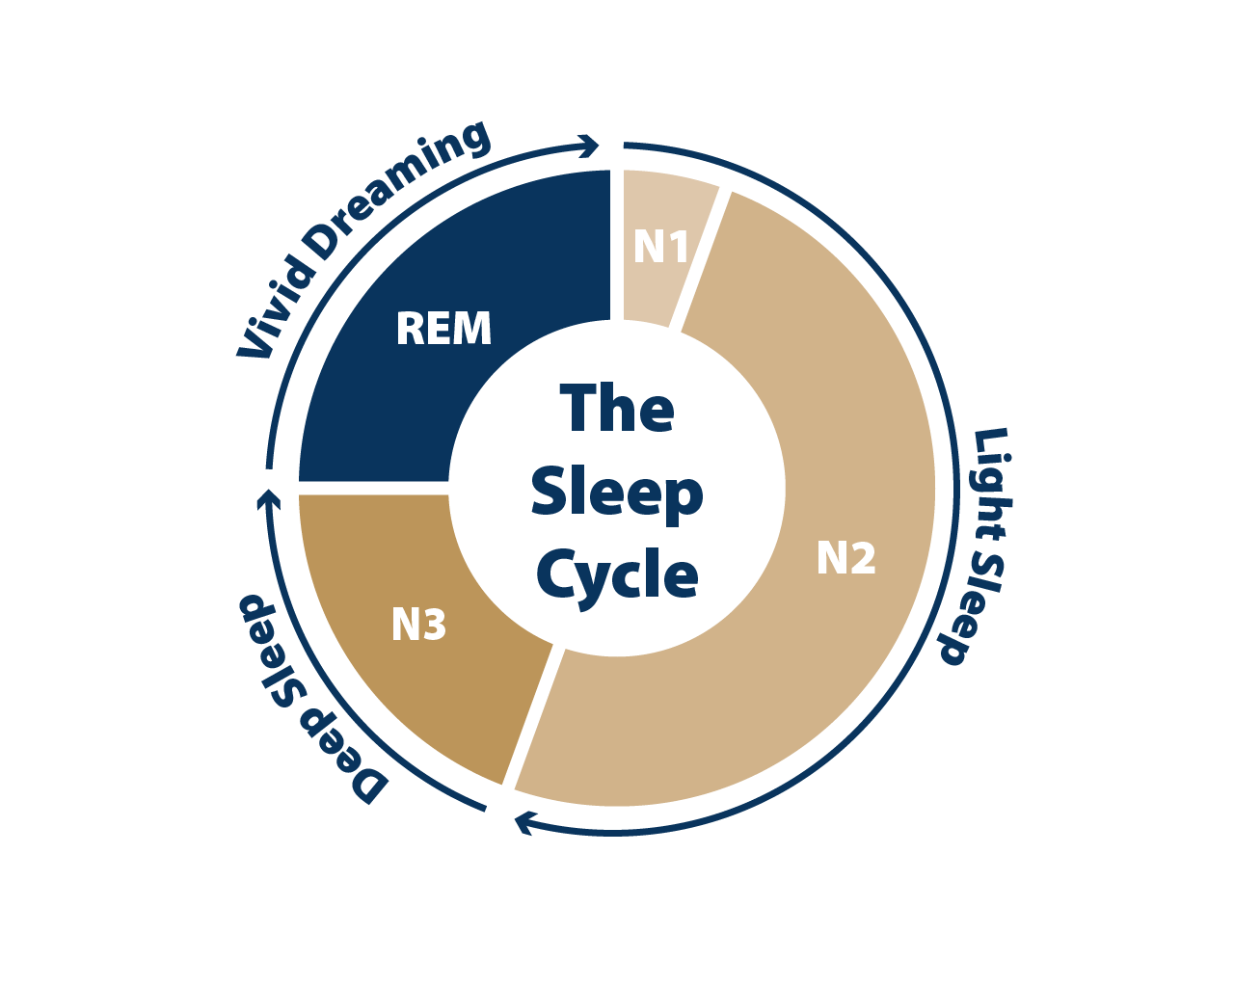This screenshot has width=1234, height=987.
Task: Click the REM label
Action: point(443,328)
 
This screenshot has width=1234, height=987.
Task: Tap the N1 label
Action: point(660,247)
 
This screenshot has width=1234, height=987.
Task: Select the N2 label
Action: point(845,557)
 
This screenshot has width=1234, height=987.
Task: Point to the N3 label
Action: point(418,624)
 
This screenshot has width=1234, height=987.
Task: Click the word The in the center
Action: point(616,407)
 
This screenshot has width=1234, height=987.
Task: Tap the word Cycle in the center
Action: point(618,576)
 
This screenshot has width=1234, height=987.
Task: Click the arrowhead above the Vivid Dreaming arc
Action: point(589,146)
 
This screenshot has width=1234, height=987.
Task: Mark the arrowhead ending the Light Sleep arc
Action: point(524,822)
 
